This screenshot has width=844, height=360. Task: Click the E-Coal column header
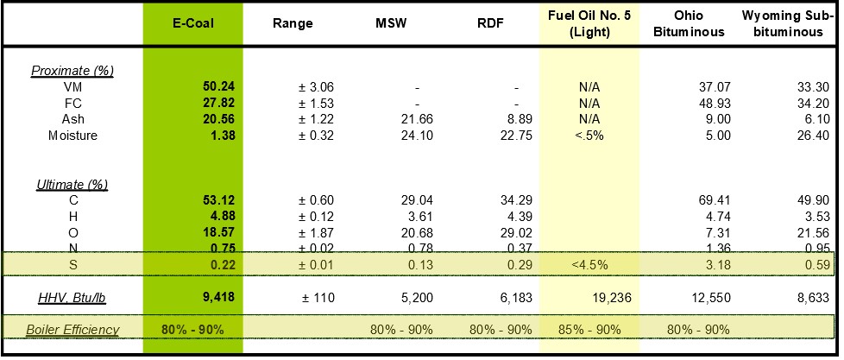click(192, 24)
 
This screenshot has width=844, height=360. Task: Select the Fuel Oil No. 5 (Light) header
click(590, 24)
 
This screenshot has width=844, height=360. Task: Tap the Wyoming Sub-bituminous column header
click(789, 24)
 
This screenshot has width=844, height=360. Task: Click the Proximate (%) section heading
click(72, 70)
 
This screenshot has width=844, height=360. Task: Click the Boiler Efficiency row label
click(72, 329)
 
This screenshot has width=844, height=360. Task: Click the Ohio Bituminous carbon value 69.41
click(714, 201)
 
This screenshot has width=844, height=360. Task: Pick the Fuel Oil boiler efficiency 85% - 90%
click(590, 329)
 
